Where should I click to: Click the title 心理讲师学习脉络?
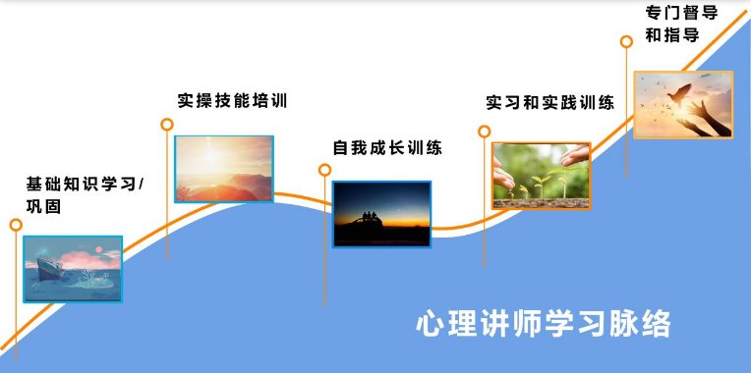(544, 323)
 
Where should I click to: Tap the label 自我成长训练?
(387, 148)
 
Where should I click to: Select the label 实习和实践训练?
(550, 102)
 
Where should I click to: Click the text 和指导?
(672, 35)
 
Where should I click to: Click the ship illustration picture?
(73, 268)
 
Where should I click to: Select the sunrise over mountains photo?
(224, 169)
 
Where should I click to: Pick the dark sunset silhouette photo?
(381, 214)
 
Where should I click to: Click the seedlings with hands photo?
(541, 176)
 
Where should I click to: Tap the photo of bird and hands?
(682, 104)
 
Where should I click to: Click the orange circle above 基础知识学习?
(16, 225)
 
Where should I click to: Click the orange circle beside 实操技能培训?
(167, 125)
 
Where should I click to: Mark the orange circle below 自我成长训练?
(325, 170)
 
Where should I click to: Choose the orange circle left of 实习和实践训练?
(484, 131)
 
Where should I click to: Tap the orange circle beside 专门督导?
(626, 41)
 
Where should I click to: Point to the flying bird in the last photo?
(677, 95)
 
